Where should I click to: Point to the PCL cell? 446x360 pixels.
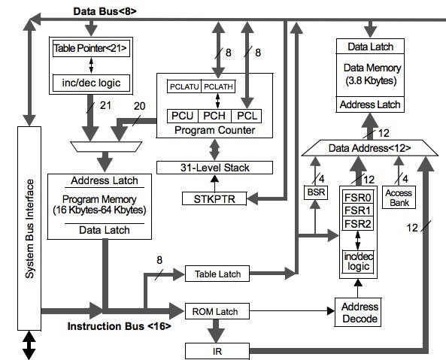(247, 116)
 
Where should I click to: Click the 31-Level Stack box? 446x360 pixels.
(214, 167)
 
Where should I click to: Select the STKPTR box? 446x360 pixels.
(214, 198)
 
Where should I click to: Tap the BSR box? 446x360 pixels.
(314, 193)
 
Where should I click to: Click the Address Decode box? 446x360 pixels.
(359, 313)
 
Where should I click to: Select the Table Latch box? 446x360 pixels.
(217, 274)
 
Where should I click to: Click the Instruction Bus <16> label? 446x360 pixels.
(119, 326)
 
